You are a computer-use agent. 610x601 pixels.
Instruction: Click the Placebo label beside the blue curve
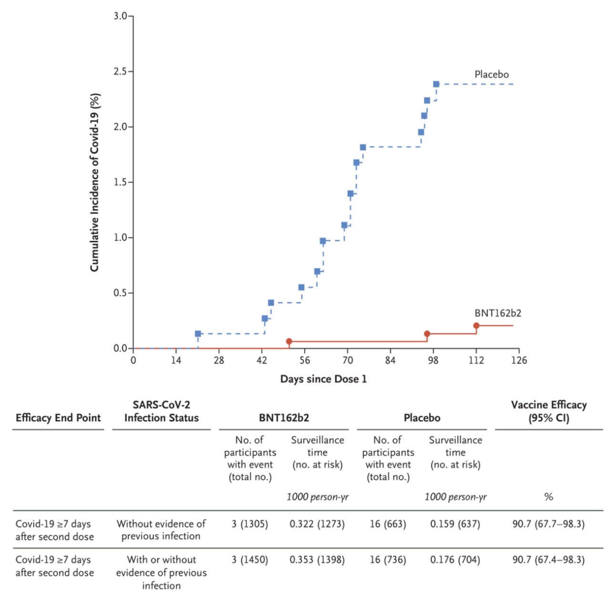pyautogui.click(x=491, y=74)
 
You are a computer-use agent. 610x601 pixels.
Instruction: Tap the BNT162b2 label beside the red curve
pyautogui.click(x=498, y=313)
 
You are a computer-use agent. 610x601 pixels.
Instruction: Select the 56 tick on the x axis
pyautogui.click(x=305, y=360)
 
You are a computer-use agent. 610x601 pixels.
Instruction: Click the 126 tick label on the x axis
pyautogui.click(x=518, y=360)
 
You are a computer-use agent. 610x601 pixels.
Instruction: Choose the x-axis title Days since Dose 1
pyautogui.click(x=323, y=379)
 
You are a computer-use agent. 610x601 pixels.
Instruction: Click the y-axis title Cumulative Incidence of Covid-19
pyautogui.click(x=95, y=182)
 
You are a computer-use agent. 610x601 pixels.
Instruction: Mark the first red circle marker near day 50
pyautogui.click(x=289, y=342)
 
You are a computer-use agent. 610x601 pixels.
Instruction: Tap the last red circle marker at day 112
pyautogui.click(x=476, y=326)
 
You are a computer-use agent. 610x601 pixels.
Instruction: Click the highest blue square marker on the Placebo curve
pyautogui.click(x=436, y=84)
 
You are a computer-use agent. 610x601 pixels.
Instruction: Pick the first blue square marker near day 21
pyautogui.click(x=198, y=334)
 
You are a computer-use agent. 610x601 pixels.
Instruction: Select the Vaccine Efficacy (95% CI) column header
pyautogui.click(x=549, y=412)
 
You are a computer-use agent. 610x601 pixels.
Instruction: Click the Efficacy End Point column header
pyautogui.click(x=58, y=418)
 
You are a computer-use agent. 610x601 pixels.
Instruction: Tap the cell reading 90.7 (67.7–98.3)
pyautogui.click(x=548, y=524)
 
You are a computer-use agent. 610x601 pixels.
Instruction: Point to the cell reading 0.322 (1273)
pyautogui.click(x=317, y=524)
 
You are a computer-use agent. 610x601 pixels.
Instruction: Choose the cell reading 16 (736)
pyautogui.click(x=388, y=560)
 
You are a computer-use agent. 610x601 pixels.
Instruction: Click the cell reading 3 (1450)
pyautogui.click(x=250, y=560)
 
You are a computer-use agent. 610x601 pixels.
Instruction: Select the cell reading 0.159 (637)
pyautogui.click(x=455, y=524)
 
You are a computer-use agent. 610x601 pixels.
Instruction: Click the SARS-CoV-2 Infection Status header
pyautogui.click(x=161, y=412)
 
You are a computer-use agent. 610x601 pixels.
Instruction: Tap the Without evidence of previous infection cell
pyautogui.click(x=161, y=530)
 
